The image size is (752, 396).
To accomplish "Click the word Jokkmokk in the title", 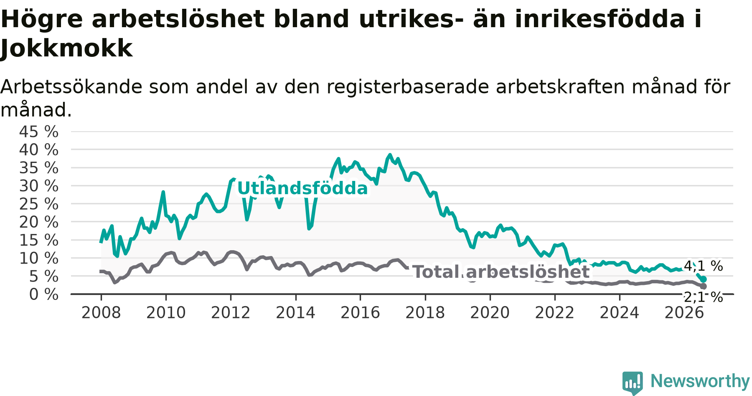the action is click(x=66, y=48).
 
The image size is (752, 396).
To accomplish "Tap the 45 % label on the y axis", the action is click(x=39, y=132).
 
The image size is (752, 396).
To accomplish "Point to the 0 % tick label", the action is click(x=44, y=294).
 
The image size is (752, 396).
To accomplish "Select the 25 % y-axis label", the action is click(x=39, y=204).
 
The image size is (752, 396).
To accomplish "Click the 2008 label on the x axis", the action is click(x=101, y=312).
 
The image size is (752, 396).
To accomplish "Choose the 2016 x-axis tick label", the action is click(x=360, y=312).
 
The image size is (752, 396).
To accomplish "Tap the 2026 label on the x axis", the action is click(x=684, y=312).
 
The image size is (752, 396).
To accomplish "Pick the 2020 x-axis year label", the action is click(x=490, y=312).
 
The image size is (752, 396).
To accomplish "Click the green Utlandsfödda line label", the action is click(x=302, y=188).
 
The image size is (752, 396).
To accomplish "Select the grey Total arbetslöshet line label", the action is click(x=501, y=272).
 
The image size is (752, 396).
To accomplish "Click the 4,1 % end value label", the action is click(x=703, y=266).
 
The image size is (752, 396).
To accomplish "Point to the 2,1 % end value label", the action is click(x=703, y=297).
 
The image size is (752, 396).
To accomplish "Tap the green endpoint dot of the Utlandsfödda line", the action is click(x=704, y=279).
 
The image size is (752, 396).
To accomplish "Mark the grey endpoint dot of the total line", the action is click(x=704, y=286).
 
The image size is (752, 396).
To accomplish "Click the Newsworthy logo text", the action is click(x=700, y=381).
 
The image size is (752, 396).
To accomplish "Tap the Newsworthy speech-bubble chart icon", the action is click(x=633, y=383).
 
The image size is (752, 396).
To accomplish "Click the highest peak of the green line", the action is click(x=390, y=155).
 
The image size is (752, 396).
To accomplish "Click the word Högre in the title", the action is click(x=42, y=20).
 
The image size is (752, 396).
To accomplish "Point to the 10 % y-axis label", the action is click(x=39, y=258).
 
